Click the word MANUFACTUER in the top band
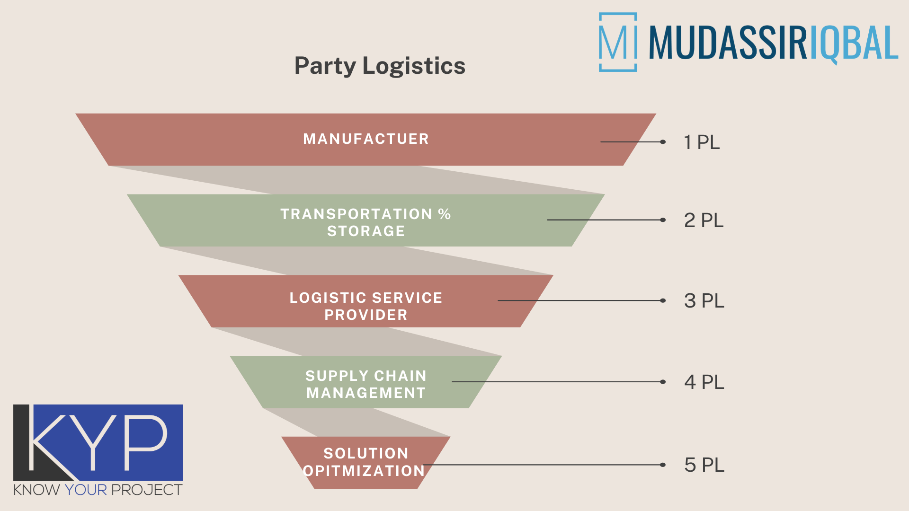365,139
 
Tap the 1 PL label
701,142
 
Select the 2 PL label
704,220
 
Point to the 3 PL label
704,301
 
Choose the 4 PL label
704,382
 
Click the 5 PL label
704,465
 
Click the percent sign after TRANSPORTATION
444,214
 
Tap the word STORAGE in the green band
365,231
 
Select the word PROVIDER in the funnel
365,315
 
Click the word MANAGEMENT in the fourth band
365,393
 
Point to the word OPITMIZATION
364,471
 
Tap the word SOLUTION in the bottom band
365,453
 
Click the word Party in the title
325,66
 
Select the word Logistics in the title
414,65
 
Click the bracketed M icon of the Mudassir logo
617,43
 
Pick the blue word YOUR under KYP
86,490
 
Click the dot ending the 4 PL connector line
663,382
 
